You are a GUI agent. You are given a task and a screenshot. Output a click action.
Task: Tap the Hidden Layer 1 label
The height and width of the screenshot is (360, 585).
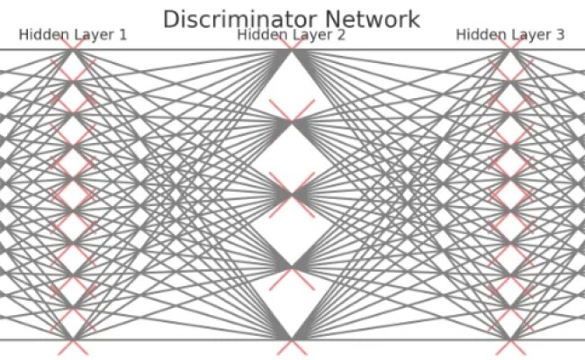pyautogui.click(x=72, y=35)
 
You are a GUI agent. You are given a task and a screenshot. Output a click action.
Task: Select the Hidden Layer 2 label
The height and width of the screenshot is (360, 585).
pyautogui.click(x=291, y=35)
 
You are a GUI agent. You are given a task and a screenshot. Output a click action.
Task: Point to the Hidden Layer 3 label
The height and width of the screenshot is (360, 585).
pyautogui.click(x=510, y=35)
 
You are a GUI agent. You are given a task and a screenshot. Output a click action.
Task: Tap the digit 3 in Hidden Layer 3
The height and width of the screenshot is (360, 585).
pyautogui.click(x=560, y=35)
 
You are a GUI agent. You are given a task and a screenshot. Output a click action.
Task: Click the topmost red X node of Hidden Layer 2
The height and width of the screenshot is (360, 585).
pyautogui.click(x=292, y=50)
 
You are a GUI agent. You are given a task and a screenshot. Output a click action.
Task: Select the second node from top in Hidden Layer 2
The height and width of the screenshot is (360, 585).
pyautogui.click(x=292, y=122)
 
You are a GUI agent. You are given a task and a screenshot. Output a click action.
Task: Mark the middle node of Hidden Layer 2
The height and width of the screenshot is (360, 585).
pyautogui.click(x=292, y=194)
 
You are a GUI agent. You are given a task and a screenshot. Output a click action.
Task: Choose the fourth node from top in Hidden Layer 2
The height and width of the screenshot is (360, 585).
pyautogui.click(x=292, y=267)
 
